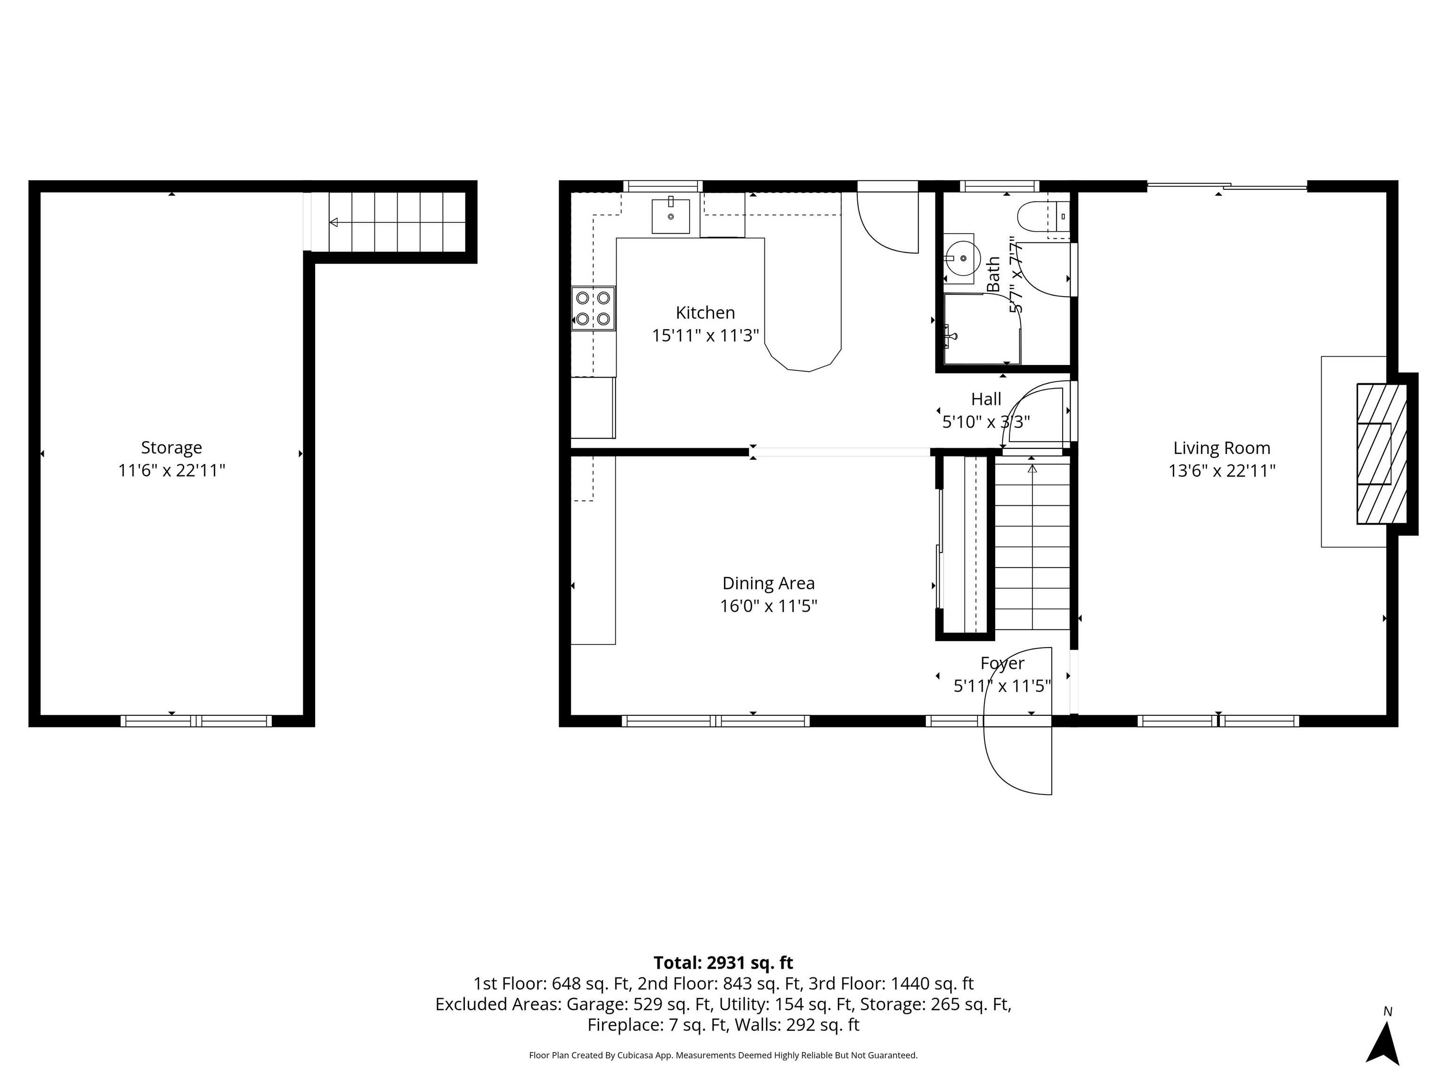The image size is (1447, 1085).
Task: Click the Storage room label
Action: pyautogui.click(x=171, y=448)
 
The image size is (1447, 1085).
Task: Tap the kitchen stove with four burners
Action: pyautogui.click(x=593, y=308)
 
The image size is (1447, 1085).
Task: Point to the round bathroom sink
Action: pyautogui.click(x=962, y=259)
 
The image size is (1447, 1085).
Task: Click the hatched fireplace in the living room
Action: pyautogui.click(x=1381, y=453)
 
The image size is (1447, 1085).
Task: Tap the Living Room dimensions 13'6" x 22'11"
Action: pyautogui.click(x=1221, y=471)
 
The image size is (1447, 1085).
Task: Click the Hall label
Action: pyautogui.click(x=986, y=399)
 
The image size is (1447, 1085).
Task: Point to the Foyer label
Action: pyautogui.click(x=1001, y=663)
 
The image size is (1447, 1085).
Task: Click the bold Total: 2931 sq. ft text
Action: pyautogui.click(x=723, y=963)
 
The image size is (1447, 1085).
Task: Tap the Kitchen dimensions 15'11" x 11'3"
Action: pyautogui.click(x=705, y=335)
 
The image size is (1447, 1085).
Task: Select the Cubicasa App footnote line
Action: pyautogui.click(x=723, y=1055)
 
